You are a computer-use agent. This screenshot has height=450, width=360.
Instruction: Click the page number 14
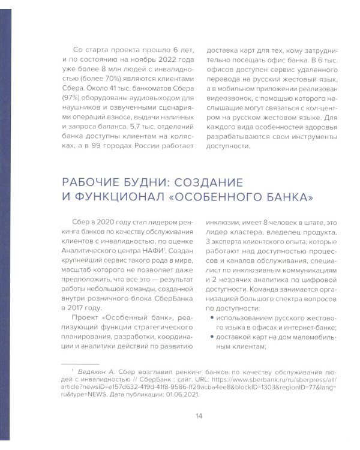(x=198, y=416)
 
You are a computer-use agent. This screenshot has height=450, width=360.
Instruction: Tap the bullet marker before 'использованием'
(x=208, y=319)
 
